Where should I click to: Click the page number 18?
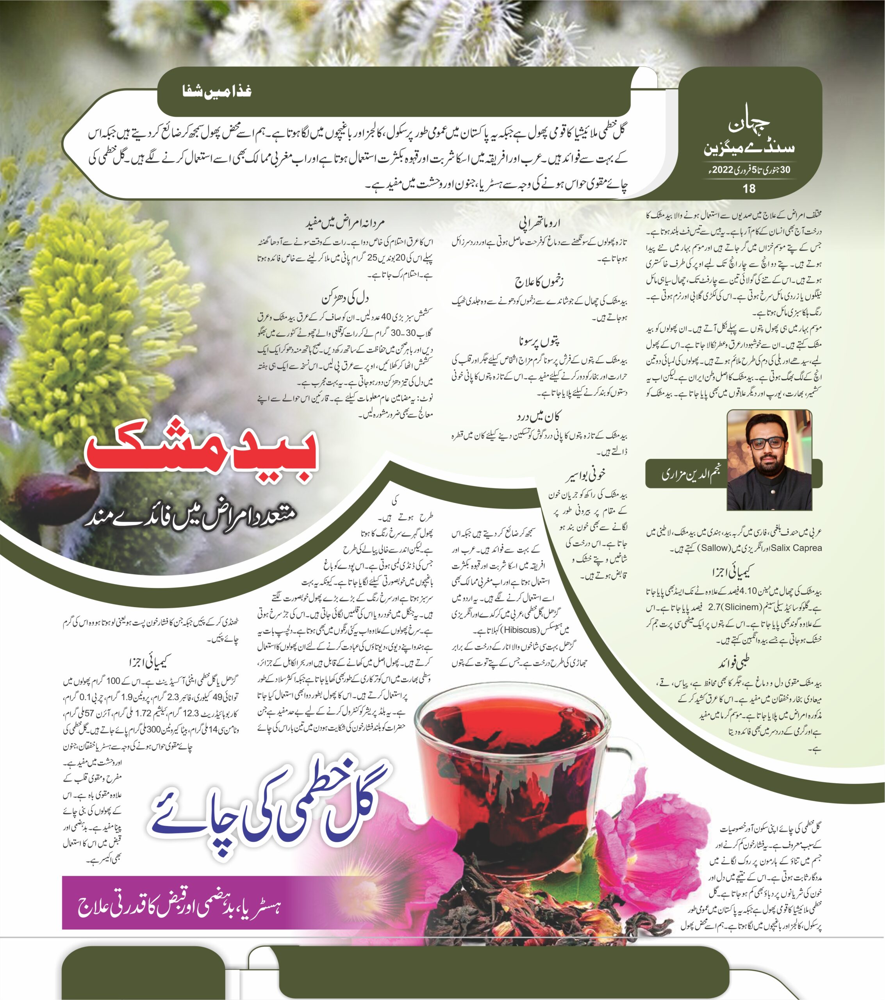click(749, 189)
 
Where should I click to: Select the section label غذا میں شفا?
click(217, 91)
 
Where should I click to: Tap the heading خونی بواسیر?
click(585, 474)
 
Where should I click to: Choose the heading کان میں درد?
click(538, 417)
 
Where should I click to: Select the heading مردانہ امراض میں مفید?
click(345, 223)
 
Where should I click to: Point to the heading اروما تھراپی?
click(539, 223)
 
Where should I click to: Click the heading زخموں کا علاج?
click(539, 282)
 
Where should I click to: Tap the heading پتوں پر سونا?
click(539, 341)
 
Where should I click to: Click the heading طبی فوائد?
click(734, 663)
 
